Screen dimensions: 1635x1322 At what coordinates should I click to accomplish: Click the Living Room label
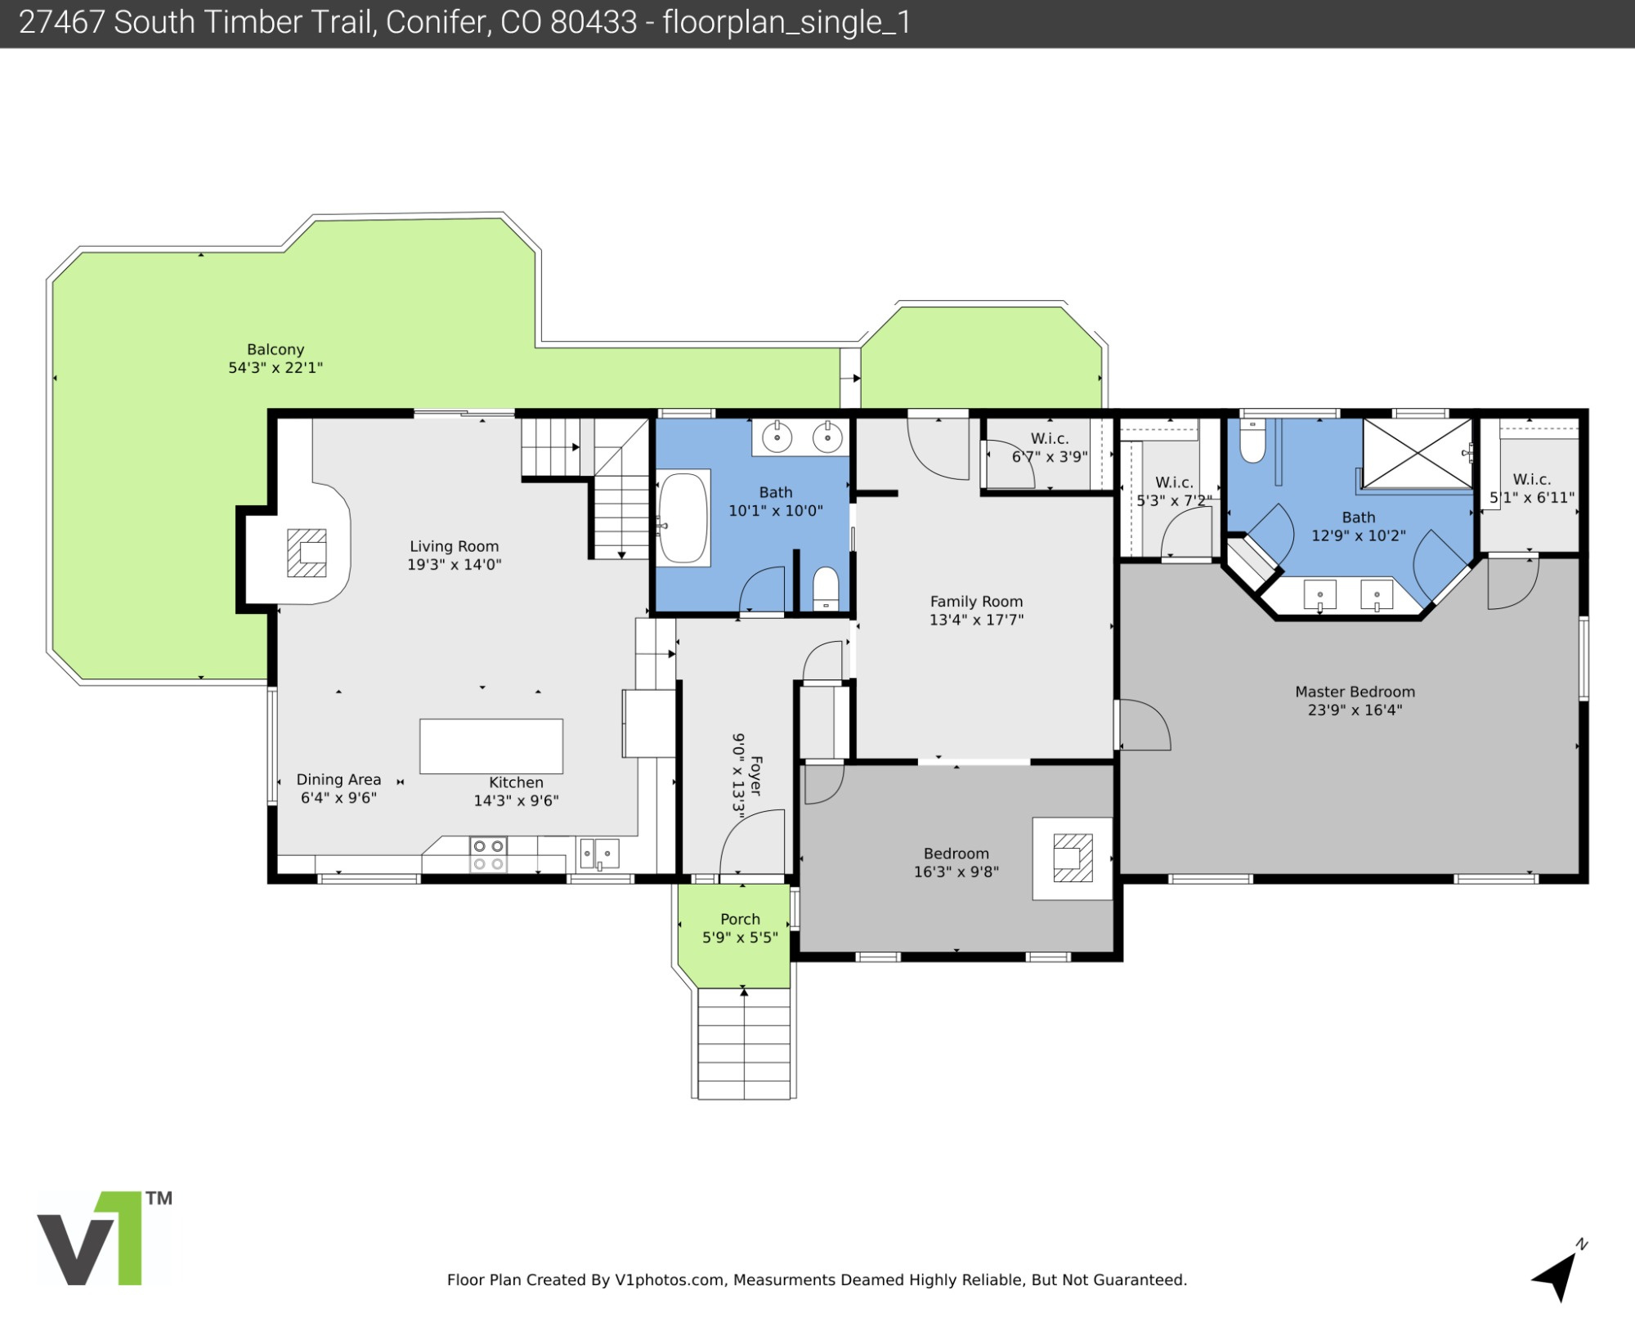[454, 546]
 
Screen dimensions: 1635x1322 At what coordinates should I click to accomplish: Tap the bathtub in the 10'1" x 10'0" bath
[683, 518]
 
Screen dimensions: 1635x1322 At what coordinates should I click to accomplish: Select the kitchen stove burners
[489, 854]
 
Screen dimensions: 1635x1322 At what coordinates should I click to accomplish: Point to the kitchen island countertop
[491, 746]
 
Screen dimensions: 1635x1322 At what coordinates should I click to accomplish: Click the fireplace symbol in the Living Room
[307, 553]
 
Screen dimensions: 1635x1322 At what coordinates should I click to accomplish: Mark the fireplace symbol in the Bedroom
[1073, 858]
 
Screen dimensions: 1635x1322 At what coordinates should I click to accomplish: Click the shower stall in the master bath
[1417, 455]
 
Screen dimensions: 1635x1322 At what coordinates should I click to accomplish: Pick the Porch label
[740, 919]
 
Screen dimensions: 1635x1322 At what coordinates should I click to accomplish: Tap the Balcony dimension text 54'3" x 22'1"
[275, 368]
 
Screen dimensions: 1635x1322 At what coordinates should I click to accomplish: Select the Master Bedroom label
[1355, 692]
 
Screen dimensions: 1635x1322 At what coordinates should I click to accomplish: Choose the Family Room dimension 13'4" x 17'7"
[976, 620]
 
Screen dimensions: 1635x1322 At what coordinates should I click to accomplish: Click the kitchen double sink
[599, 854]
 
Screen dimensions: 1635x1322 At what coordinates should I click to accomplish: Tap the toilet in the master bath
[1252, 442]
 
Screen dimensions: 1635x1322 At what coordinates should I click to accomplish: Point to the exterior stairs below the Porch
[744, 1043]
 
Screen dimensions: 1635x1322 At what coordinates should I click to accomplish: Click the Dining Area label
[338, 779]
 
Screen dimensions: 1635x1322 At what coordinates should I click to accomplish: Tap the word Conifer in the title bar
[438, 22]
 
